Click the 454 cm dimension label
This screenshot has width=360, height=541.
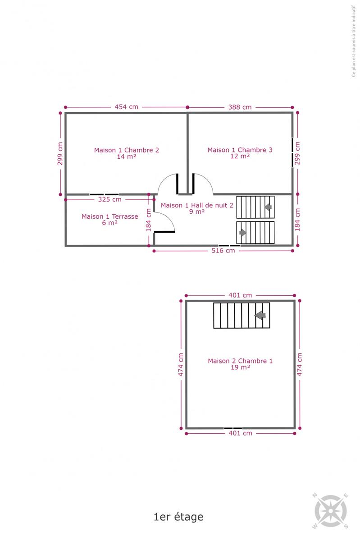(x=126, y=107)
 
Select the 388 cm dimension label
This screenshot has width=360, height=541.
(x=240, y=107)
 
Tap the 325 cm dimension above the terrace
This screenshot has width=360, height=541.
(x=109, y=199)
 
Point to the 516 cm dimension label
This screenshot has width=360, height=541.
(x=223, y=251)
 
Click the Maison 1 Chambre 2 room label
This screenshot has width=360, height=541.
(x=127, y=150)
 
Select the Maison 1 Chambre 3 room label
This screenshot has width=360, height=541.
(x=240, y=150)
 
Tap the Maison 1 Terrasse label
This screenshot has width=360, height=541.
(x=110, y=216)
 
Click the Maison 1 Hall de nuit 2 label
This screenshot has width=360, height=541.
(x=197, y=205)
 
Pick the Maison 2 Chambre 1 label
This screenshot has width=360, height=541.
(x=240, y=361)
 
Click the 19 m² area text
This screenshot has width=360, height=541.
(x=240, y=367)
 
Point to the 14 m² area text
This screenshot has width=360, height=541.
(x=127, y=156)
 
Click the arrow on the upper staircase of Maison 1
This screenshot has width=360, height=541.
(x=268, y=207)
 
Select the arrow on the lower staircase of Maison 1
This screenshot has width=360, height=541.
(x=243, y=233)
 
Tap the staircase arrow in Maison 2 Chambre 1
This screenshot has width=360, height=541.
(x=260, y=315)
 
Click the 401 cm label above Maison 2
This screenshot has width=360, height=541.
(x=240, y=295)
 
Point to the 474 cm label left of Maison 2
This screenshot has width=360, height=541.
(x=181, y=364)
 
